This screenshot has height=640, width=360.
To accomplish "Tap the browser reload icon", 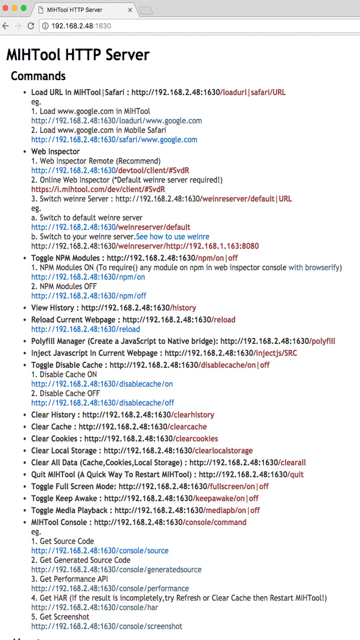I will (x=31, y=26).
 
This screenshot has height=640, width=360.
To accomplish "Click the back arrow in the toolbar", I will (x=6, y=26).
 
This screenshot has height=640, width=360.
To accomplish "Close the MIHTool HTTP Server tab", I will (x=130, y=10).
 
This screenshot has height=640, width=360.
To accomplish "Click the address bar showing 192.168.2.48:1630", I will (x=174, y=26).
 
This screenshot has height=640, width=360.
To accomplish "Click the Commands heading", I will (x=38, y=76).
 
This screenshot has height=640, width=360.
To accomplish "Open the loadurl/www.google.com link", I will (x=117, y=121).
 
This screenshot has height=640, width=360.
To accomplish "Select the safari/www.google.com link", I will (x=114, y=140).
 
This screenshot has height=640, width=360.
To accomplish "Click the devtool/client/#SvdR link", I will (x=110, y=170).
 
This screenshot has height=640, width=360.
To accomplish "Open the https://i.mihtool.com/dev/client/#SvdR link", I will (x=98, y=189).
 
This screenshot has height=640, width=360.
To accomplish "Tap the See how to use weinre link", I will (x=173, y=237).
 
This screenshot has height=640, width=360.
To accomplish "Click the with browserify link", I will (x=314, y=267).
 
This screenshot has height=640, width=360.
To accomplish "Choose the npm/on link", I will (x=88, y=277).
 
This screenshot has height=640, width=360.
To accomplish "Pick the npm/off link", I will (x=89, y=296).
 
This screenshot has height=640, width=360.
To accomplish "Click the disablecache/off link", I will (x=103, y=403).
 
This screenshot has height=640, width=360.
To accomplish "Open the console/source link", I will (x=100, y=550).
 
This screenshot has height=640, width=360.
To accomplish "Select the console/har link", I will (x=94, y=607).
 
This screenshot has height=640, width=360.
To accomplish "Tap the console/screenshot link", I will (x=107, y=626).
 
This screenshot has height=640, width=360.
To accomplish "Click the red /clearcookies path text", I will (x=196, y=439).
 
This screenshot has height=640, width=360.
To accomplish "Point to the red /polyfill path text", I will (x=322, y=341).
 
